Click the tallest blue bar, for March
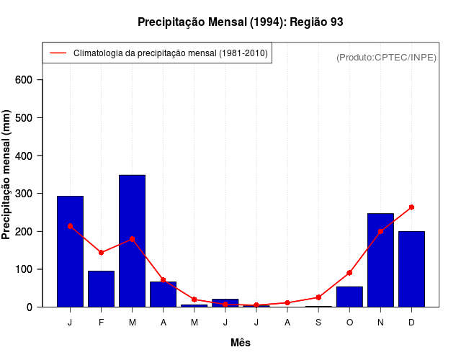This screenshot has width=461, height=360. pos(132,240)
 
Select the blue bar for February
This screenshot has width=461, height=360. pos(101,289)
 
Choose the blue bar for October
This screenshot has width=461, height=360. pos(349,297)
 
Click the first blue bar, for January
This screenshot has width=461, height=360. pos(70,251)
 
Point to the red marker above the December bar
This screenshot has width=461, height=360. pos(411,207)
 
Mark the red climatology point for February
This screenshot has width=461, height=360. pos(101,253)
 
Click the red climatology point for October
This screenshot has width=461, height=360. pos(349,273)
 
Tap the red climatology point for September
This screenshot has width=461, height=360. pos(318,297)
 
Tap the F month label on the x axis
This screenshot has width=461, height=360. pos(101,323)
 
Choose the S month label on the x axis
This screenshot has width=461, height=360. pos(318,323)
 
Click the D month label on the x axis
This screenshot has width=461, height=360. pos(411,323)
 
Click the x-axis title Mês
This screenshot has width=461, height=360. pos(241,343)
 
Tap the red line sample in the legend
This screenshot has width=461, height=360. pos(58,53)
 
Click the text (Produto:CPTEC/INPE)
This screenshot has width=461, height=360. pos(386,57)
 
